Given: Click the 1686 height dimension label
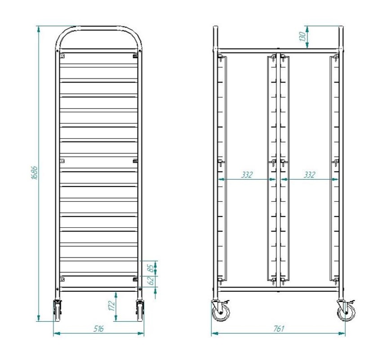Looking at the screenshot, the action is click(x=34, y=173).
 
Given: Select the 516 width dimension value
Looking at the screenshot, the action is click(x=98, y=329).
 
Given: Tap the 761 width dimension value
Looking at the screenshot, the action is click(x=279, y=329).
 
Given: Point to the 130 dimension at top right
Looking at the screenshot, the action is click(x=302, y=36).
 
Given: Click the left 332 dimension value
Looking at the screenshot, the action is click(x=247, y=175).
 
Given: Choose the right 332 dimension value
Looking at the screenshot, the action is click(x=309, y=175).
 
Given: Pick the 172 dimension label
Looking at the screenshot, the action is click(x=112, y=306).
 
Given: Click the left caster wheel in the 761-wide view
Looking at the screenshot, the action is click(x=220, y=311).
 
